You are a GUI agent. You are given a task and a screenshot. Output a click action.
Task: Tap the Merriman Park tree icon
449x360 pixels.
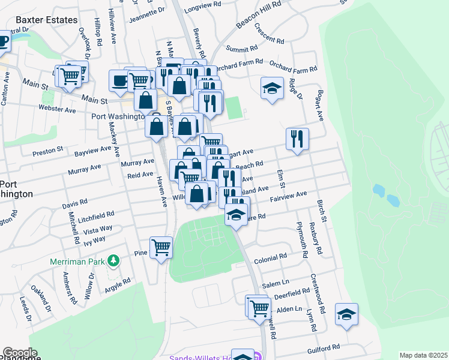click(112, 261)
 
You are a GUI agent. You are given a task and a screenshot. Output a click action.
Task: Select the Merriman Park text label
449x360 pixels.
click(76, 261)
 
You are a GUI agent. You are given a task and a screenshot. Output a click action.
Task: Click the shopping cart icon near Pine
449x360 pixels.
click(161, 247)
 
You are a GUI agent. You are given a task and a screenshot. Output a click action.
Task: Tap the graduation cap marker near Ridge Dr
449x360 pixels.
click(272, 89)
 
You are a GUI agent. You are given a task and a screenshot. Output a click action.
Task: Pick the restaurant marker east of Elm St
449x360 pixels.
click(297, 139)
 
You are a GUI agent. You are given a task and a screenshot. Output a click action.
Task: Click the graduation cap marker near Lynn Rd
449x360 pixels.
click(347, 314)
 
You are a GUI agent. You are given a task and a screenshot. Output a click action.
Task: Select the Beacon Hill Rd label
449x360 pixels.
click(258, 15)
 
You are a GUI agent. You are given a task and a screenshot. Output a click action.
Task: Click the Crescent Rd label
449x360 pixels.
click(269, 35)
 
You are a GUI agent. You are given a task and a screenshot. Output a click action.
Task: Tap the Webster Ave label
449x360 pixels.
click(57, 110)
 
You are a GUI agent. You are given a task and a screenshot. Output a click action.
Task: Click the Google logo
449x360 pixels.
click(19, 353)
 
